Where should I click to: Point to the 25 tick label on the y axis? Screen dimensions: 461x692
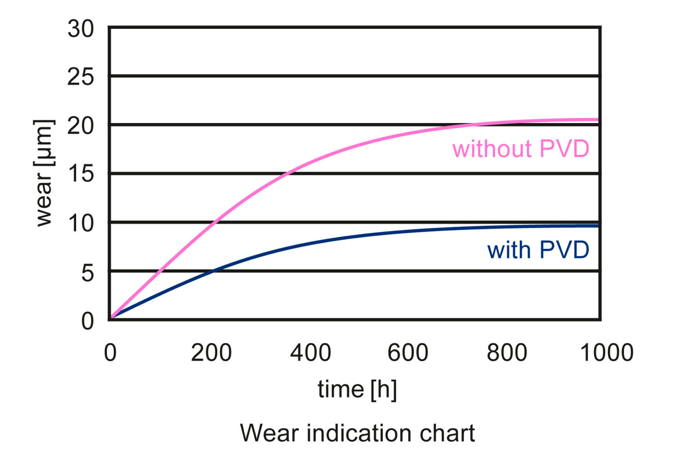81,77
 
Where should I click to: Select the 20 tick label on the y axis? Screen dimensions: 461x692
81,126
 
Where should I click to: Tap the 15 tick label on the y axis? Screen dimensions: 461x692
81,174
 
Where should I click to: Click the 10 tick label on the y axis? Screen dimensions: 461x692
81,223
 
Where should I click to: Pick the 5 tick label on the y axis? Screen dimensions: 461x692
87,273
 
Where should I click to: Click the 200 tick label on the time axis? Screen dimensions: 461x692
211,352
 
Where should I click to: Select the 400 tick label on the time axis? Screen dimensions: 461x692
310,352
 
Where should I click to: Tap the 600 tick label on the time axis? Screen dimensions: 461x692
408,352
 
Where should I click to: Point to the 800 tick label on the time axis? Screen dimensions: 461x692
507,352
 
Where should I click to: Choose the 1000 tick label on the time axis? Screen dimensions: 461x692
606,352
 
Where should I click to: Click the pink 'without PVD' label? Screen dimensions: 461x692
521,149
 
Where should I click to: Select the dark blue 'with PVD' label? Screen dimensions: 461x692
538,250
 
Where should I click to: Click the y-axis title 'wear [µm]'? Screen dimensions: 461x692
44,173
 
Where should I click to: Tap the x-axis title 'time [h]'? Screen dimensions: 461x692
357,389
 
